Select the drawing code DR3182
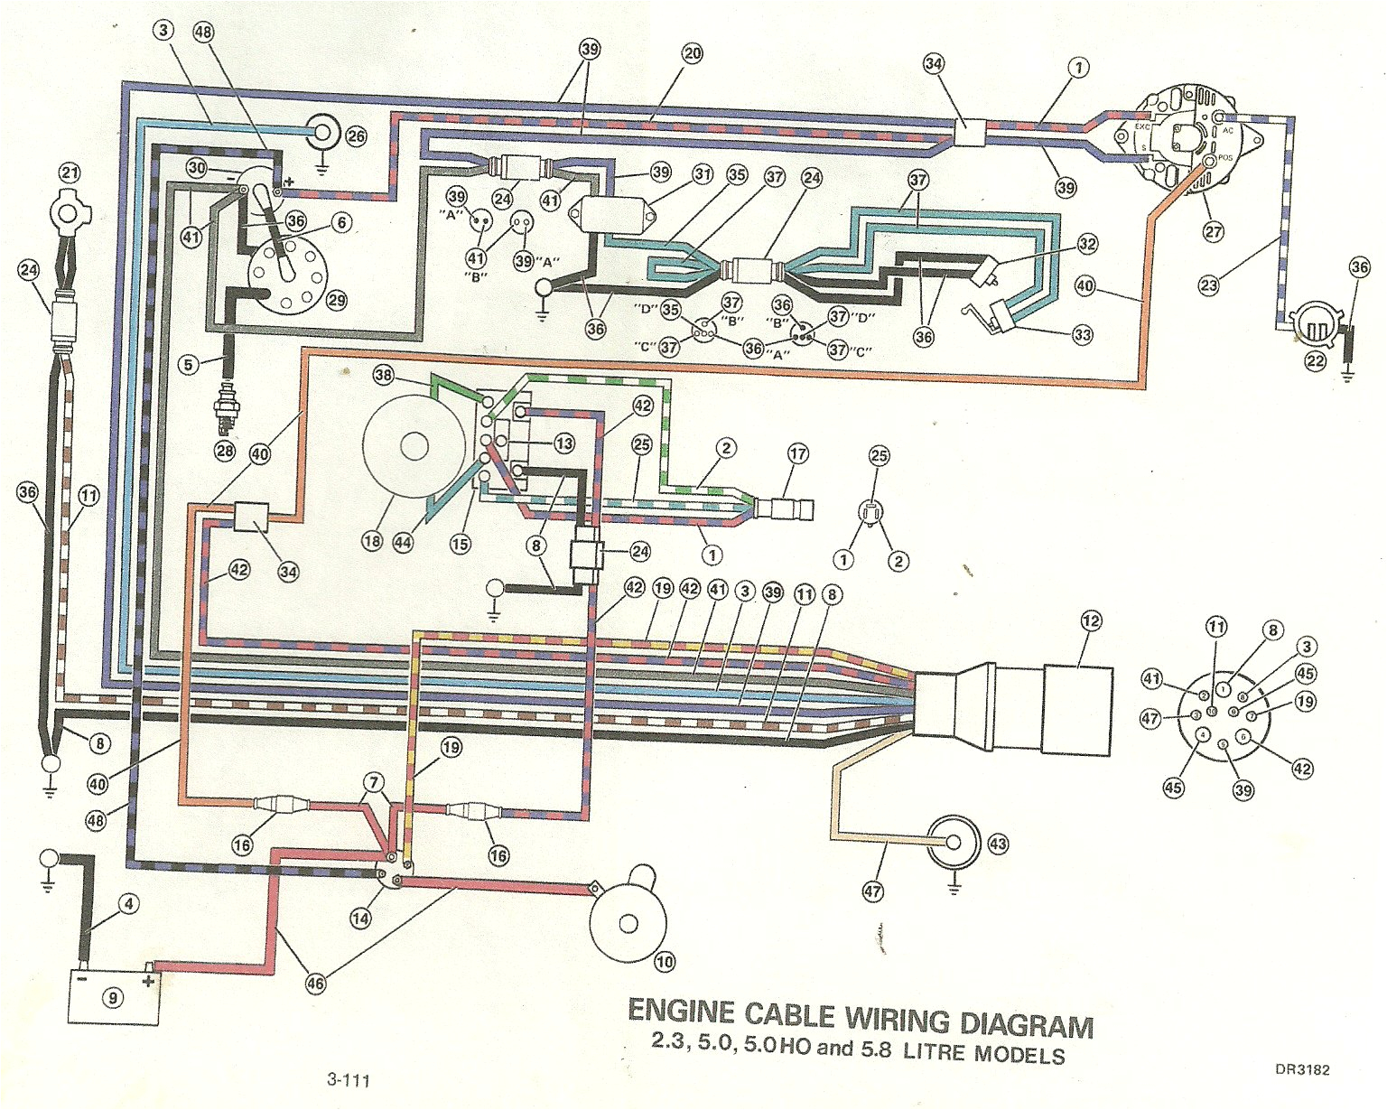[1302, 1070]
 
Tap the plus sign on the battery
[148, 981]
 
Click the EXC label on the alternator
[1142, 127]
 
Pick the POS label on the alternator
[1225, 157]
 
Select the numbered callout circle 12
[1092, 620]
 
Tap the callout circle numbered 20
[693, 53]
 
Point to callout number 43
[998, 844]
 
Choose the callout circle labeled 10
[665, 962]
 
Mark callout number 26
[356, 135]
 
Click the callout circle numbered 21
[70, 171]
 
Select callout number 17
[797, 453]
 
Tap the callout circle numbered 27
[1214, 231]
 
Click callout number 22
[1316, 360]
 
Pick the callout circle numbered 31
[703, 174]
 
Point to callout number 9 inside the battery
[113, 997]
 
